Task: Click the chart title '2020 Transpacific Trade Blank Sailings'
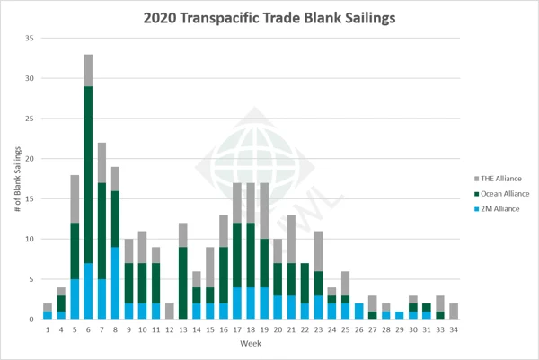[269, 15]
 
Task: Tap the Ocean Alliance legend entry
[500, 192]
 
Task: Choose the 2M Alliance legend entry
[497, 207]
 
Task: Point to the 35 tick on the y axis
[29, 39]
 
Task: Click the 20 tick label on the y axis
[29, 159]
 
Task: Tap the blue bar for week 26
[358, 312]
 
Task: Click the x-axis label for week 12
[170, 330]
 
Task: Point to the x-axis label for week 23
[318, 330]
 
